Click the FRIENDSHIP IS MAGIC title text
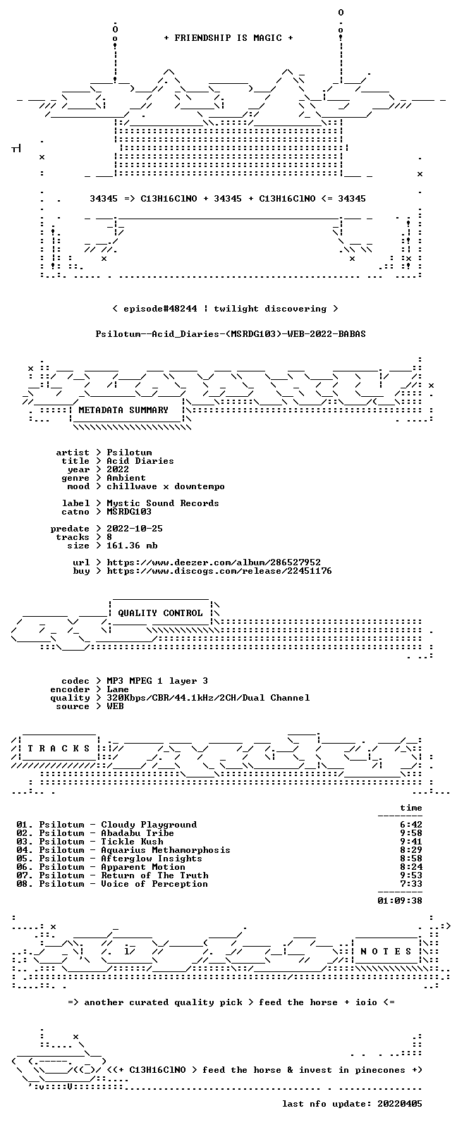[x=228, y=38]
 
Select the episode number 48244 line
[x=225, y=309]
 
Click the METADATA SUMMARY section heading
[x=123, y=410]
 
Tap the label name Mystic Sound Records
[x=163, y=503]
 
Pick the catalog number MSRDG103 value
[x=128, y=512]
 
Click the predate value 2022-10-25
[x=135, y=529]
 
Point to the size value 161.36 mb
[x=132, y=546]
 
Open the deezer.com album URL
[x=214, y=562]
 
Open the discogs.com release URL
[x=219, y=571]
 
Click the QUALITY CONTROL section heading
[x=160, y=613]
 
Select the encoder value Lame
[x=118, y=689]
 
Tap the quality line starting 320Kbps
[x=208, y=698]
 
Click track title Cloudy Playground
[x=149, y=825]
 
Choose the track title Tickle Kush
[x=132, y=842]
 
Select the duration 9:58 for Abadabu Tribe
[x=411, y=833]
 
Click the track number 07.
[x=23, y=875]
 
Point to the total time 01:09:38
[x=400, y=901]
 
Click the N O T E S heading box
[x=386, y=952]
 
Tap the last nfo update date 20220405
[x=400, y=1104]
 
